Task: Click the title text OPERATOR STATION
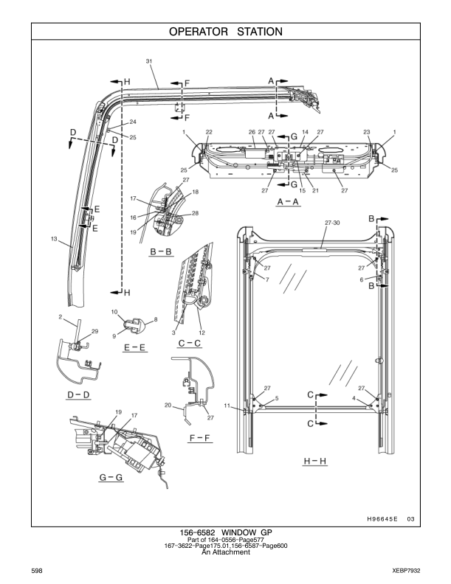click(x=225, y=32)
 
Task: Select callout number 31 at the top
click(x=150, y=61)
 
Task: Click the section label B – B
click(x=161, y=251)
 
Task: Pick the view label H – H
click(x=317, y=461)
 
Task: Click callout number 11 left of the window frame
click(x=228, y=406)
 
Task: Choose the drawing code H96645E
click(x=382, y=519)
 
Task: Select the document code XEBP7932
click(x=404, y=571)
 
